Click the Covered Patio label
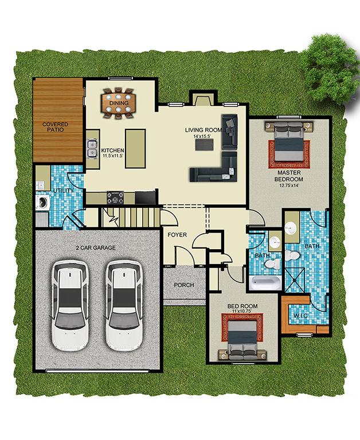click(56, 127)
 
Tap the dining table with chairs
click(118, 103)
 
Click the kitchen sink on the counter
click(92, 149)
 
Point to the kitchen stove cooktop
click(117, 198)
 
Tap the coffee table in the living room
click(204, 145)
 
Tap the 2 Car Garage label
click(96, 247)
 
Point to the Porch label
click(184, 285)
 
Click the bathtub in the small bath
click(264, 281)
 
